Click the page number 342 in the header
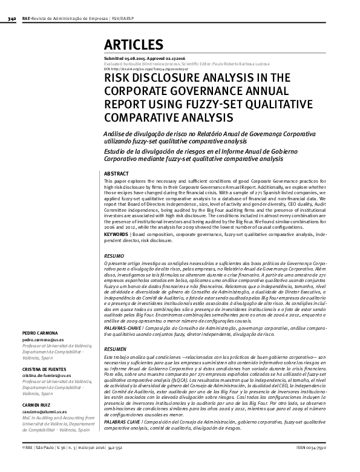(x=11, y=19)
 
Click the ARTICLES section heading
(x=134, y=45)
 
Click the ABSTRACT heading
(x=117, y=174)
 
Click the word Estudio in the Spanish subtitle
(x=115, y=152)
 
